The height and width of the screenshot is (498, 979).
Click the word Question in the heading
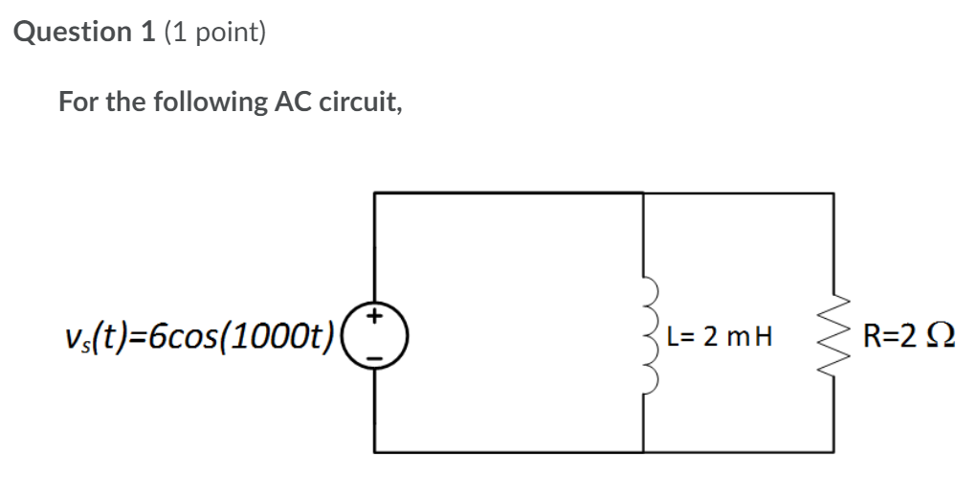pos(75,33)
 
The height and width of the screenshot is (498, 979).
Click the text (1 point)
pos(214,33)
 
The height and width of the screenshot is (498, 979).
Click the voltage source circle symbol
pos(375,336)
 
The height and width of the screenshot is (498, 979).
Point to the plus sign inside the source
pos(376,315)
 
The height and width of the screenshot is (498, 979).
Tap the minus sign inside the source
pos(376,357)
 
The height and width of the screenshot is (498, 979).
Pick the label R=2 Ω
pos(909,337)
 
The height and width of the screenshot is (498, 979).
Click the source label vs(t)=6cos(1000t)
pos(196,337)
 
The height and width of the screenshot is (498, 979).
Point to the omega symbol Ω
pos(942,337)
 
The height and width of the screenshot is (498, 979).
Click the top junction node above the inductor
pos(643,193)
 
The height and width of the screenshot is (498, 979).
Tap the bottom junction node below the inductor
pos(643,451)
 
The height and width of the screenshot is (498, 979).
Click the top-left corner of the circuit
pos(375,193)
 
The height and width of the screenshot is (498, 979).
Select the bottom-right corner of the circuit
pos(834,451)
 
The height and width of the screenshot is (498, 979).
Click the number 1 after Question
pos(148,33)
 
